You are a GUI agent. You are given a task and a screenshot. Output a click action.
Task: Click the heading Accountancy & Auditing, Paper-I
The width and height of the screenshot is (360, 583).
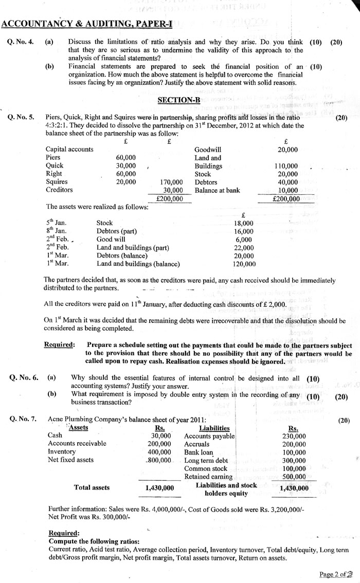(86, 24)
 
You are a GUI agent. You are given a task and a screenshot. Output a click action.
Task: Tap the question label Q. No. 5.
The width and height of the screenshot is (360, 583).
(21, 117)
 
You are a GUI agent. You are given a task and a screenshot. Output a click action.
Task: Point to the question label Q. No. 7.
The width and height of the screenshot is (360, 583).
(22, 420)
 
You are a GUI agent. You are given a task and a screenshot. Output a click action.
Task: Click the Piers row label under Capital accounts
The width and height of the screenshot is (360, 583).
(53, 158)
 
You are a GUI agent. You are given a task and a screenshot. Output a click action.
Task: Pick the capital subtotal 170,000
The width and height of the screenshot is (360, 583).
(171, 182)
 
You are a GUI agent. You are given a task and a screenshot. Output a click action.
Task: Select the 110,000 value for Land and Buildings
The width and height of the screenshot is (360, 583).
(285, 166)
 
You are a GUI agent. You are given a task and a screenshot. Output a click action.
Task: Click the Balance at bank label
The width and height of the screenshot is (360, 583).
(217, 190)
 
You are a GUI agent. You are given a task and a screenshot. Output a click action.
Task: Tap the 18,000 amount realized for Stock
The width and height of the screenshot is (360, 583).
(243, 223)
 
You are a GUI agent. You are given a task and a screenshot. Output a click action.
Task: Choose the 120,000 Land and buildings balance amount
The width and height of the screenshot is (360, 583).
(243, 264)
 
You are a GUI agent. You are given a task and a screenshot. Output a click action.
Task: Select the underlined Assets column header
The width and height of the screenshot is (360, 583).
(78, 428)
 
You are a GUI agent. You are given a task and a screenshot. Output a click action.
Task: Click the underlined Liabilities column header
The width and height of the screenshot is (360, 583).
(214, 428)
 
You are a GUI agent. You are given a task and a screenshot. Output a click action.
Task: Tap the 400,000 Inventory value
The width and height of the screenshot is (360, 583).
(159, 452)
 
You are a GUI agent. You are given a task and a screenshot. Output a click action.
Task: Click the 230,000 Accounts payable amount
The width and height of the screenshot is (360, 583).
(294, 436)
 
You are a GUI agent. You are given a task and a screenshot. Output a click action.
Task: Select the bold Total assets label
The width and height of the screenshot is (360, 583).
(92, 487)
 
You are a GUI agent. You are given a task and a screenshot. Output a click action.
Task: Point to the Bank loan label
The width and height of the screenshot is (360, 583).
(199, 452)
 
